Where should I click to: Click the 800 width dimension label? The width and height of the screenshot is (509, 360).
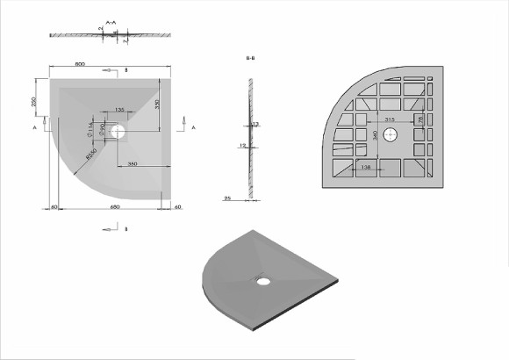80,65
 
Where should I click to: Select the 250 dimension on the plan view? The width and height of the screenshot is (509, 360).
34,102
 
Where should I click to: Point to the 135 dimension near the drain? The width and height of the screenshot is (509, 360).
119,110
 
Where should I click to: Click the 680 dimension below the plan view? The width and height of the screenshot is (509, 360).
114,207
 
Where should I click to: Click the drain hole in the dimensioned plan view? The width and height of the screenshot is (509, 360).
119,134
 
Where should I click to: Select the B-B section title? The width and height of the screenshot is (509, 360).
251,58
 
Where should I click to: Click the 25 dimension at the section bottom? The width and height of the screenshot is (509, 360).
228,198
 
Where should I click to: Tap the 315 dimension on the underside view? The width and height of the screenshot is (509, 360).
392,119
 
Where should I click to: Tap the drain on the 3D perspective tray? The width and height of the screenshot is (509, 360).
262,280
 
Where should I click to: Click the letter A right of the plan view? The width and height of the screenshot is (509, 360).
192,127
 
